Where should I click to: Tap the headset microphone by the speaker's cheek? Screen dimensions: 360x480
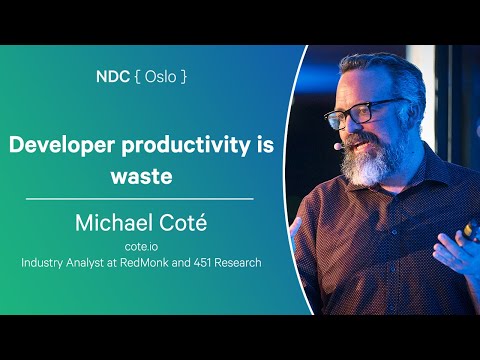click(340, 146)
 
